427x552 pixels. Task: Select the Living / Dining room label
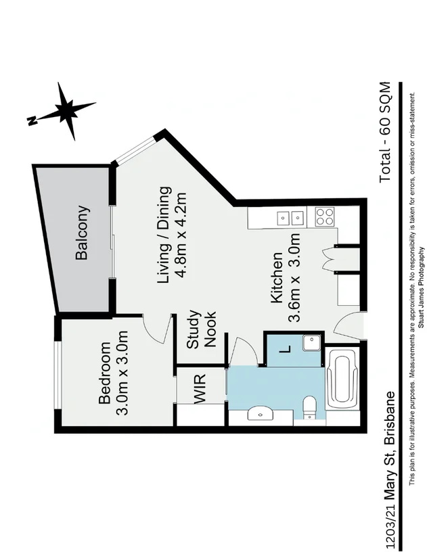pos(163,235)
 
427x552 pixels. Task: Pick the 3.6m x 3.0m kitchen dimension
pos(294,279)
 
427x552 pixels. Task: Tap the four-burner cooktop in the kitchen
pos(325,217)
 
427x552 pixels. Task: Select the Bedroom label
pos(106,373)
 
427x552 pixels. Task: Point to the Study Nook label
pos(202,329)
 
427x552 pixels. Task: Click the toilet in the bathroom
pos(310,407)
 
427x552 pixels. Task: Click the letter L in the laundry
pos(284,350)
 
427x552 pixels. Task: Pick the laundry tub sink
pos(312,344)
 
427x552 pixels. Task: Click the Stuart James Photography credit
pos(421,287)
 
